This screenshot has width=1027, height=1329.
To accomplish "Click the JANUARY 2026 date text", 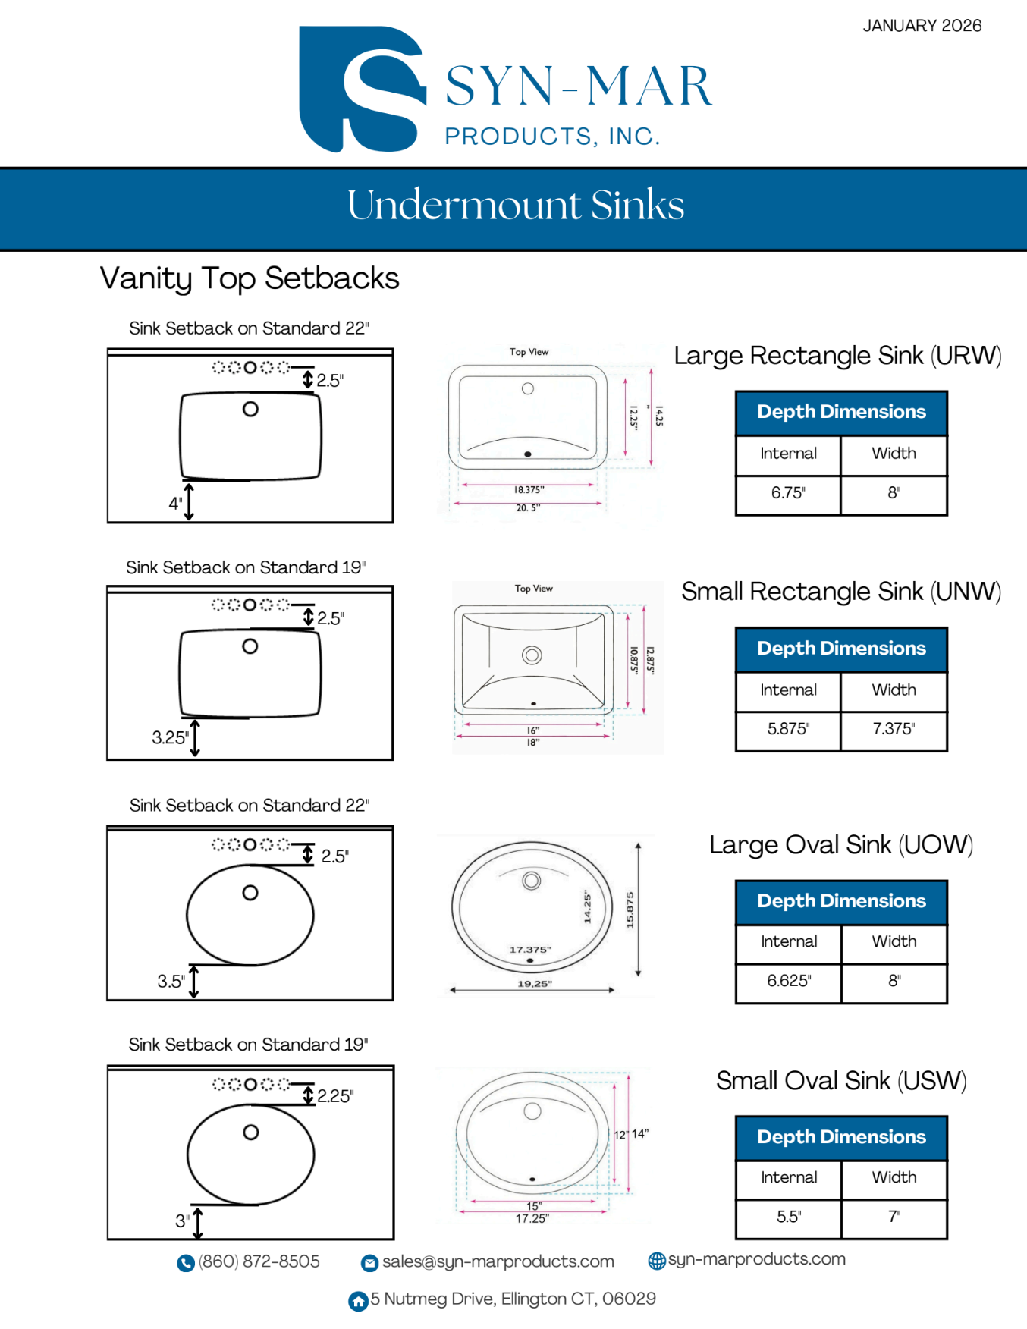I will [922, 26].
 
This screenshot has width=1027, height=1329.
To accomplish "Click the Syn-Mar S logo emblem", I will [361, 90].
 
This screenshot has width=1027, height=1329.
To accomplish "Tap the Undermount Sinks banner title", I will [516, 205].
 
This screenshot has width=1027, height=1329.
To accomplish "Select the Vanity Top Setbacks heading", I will [250, 278].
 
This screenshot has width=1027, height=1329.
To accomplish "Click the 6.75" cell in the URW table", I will [788, 493].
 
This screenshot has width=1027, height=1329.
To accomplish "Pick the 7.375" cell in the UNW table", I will [894, 729].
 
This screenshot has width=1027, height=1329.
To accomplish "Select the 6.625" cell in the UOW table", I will [789, 981].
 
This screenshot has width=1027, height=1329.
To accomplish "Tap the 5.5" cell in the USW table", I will [789, 1217].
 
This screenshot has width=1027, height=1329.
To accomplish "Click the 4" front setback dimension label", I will [175, 504].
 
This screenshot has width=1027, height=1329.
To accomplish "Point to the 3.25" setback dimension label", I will [169, 737].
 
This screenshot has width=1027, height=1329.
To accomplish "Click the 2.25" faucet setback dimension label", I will [335, 1096].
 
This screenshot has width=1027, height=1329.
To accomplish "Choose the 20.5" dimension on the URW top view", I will [528, 508].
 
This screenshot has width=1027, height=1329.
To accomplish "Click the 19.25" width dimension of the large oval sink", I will [534, 984].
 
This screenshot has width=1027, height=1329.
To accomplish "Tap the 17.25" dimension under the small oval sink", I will [532, 1219].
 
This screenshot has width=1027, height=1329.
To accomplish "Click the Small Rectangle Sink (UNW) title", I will [840, 592].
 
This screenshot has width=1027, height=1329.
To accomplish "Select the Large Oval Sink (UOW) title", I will [840, 845].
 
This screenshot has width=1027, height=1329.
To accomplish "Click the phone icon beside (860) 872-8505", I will [186, 1263].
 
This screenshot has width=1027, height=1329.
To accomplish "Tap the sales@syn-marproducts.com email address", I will [498, 1261].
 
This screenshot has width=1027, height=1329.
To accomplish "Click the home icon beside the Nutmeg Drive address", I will [358, 1301].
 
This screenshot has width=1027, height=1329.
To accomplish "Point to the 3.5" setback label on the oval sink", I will [171, 982].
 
